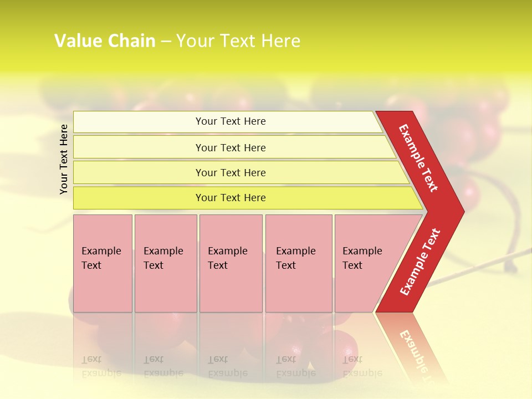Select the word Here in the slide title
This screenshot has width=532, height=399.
pyautogui.click(x=280, y=41)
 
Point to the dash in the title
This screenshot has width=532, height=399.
pyautogui.click(x=166, y=42)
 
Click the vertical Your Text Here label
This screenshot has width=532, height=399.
pyautogui.click(x=64, y=159)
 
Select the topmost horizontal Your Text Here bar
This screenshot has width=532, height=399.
pyautogui.click(x=231, y=121)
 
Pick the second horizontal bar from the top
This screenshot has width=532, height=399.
pyautogui.click(x=231, y=147)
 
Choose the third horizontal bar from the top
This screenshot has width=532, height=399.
pyautogui.click(x=231, y=172)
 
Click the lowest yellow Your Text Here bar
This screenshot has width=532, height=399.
pyautogui.click(x=231, y=198)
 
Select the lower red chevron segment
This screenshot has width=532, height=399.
pyautogui.click(x=420, y=262)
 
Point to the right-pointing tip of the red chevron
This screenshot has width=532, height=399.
pyautogui.click(x=463, y=211)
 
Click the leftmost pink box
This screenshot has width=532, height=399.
pyautogui.click(x=103, y=263)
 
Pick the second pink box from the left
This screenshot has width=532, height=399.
pyautogui.click(x=165, y=263)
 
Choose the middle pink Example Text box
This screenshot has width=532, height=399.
pyautogui.click(x=231, y=263)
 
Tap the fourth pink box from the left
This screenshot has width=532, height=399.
pyautogui.click(x=299, y=263)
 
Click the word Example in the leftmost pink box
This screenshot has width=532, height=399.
pyautogui.click(x=101, y=251)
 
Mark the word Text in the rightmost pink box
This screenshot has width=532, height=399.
pyautogui.click(x=352, y=265)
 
